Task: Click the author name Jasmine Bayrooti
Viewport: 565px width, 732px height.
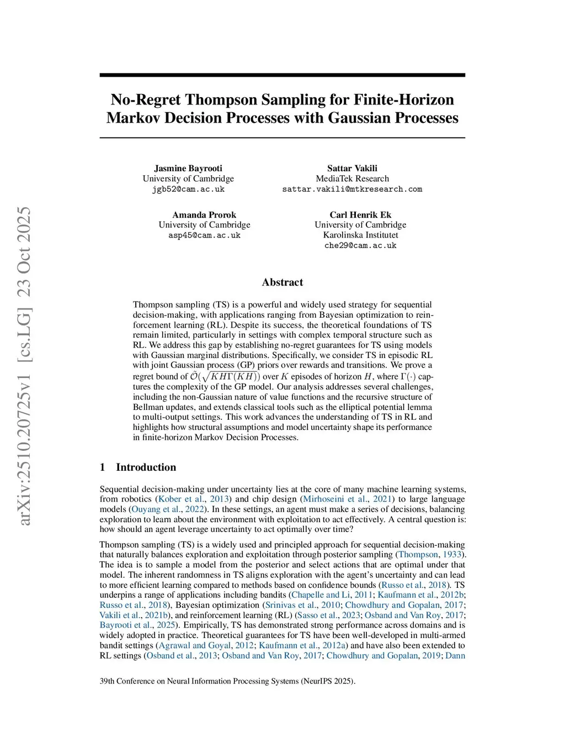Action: point(188,168)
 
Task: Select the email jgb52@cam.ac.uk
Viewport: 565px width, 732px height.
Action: point(188,189)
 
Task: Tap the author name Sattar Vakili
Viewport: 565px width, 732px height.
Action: point(352,168)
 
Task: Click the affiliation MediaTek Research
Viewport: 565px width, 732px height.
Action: point(352,178)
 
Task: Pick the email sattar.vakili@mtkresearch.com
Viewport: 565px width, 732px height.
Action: point(352,189)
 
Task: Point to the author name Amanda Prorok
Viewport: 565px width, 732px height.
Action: point(204,215)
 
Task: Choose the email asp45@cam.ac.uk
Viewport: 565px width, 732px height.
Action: point(204,235)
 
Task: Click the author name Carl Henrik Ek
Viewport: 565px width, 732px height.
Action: point(360,215)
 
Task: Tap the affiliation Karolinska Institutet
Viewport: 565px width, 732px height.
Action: point(360,235)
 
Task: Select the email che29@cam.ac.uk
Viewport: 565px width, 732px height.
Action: point(360,245)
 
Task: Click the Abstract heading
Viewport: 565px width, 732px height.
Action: point(282,282)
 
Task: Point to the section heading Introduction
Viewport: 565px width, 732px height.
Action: point(146,467)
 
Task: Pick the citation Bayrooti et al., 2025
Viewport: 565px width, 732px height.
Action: point(137,625)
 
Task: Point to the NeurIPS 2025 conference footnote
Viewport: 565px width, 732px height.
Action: point(227,681)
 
